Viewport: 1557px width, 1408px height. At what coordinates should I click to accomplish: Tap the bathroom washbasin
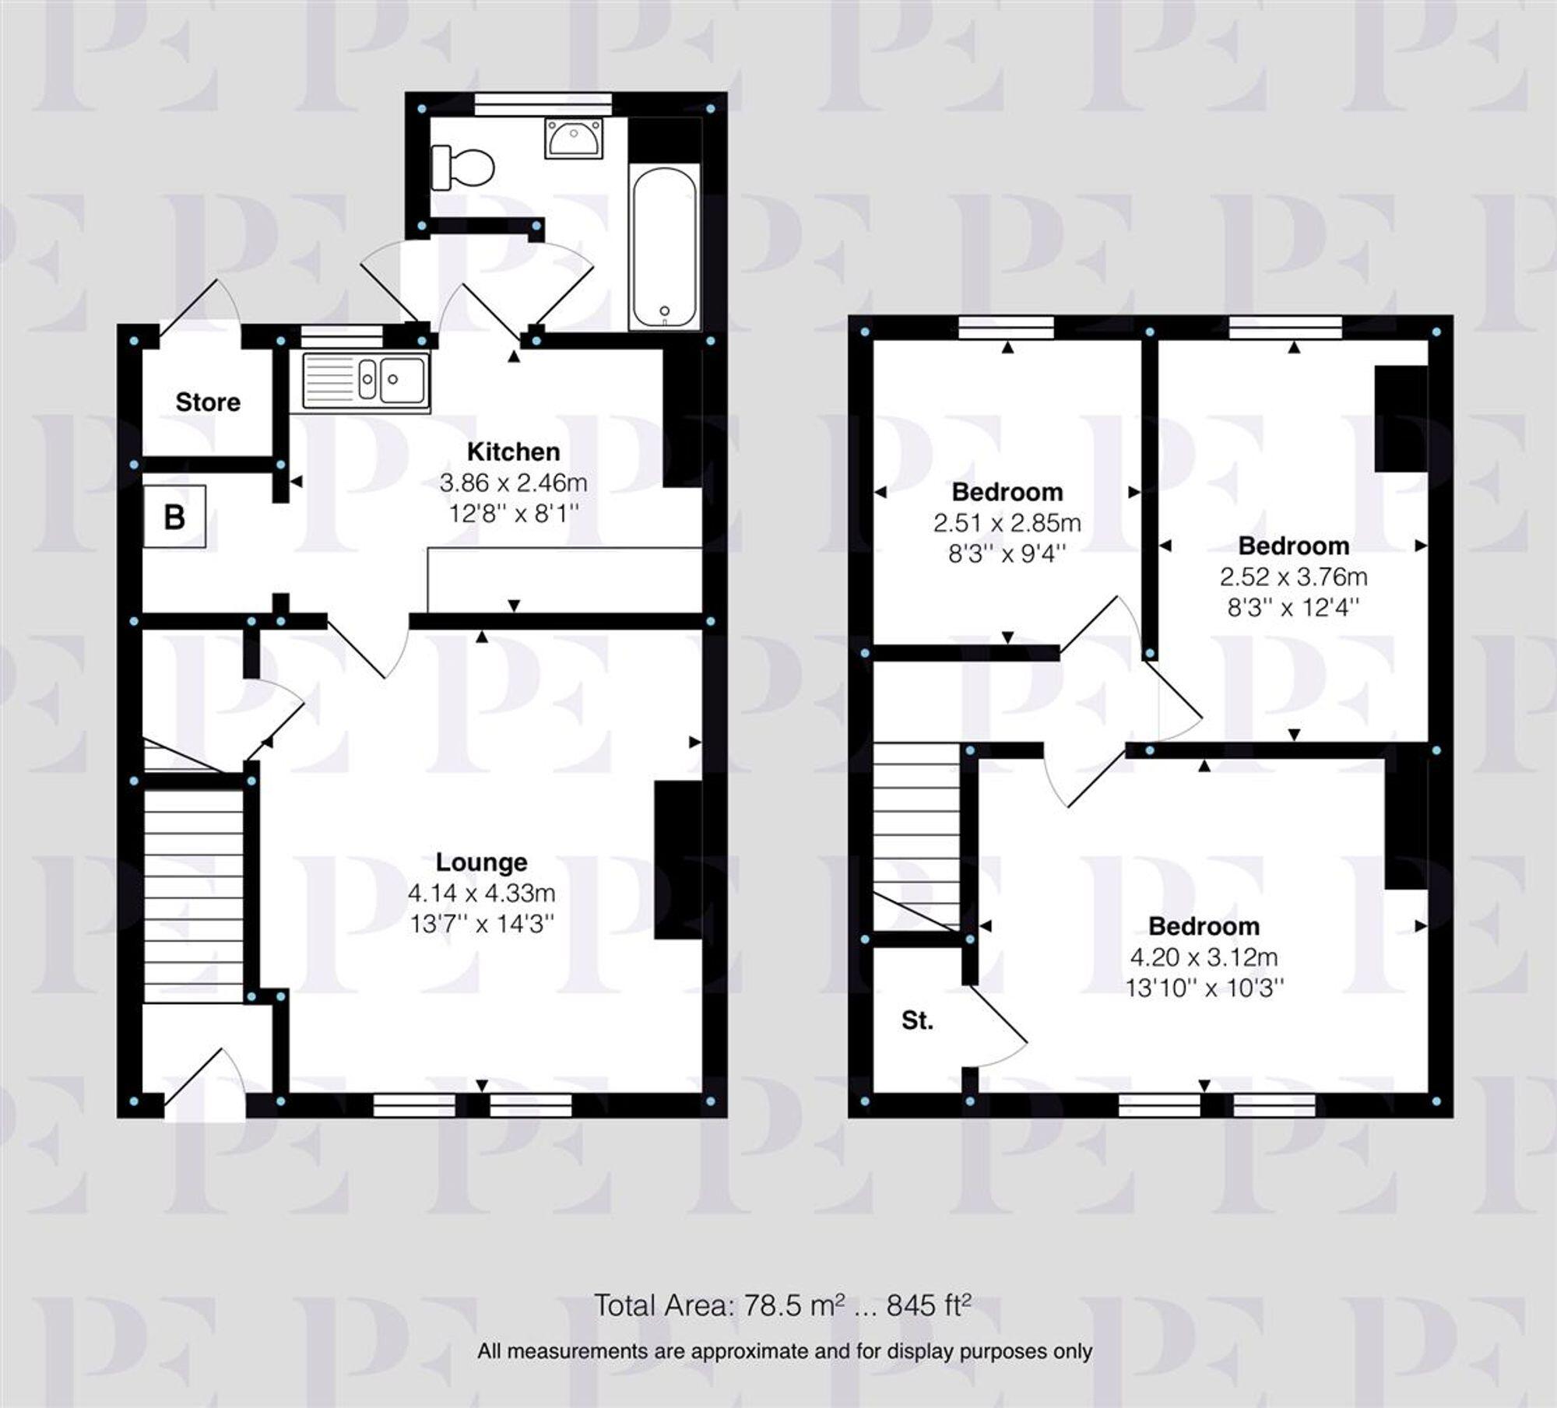click(574, 138)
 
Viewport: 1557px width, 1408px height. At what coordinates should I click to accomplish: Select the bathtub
click(664, 248)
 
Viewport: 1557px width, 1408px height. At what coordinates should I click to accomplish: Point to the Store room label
click(208, 402)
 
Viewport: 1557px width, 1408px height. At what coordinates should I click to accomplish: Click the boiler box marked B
click(175, 517)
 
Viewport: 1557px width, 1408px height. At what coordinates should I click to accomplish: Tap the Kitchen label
click(513, 451)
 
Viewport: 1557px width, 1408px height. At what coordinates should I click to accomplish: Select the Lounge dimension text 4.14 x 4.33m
click(481, 893)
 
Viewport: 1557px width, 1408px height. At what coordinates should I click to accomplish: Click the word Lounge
click(481, 862)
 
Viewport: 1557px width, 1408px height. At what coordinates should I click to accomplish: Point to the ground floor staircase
click(194, 895)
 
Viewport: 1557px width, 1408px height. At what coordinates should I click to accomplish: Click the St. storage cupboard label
click(917, 1020)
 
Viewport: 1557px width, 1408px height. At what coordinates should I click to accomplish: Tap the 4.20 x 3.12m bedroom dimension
click(1204, 957)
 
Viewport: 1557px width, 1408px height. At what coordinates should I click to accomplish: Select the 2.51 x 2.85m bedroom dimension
click(1007, 523)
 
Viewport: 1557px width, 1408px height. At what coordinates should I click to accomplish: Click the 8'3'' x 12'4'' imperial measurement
click(1293, 607)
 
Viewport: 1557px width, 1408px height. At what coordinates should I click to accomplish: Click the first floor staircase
click(916, 833)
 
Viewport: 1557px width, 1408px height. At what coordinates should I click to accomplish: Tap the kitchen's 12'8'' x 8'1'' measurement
click(513, 514)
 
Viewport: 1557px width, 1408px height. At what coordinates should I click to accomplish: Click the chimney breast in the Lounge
click(678, 860)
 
